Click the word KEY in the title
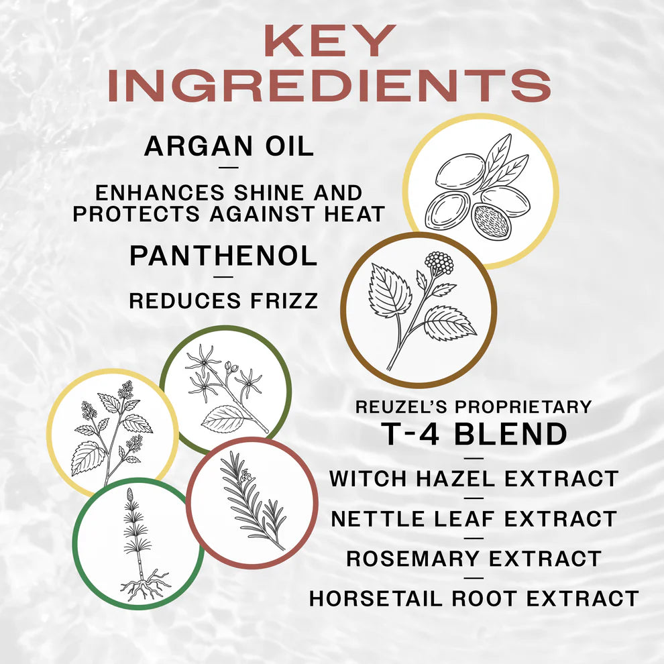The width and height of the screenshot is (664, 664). pos(328,42)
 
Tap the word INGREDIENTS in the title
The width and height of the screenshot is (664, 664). pos(329,86)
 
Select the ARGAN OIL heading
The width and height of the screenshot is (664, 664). pos(229,146)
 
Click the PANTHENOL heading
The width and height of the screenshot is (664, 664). pos(223,256)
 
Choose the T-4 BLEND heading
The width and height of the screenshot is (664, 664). pos(474,434)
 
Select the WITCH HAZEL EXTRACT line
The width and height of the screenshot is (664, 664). pos(474,479)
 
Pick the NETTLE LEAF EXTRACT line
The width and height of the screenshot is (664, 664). pos(474,518)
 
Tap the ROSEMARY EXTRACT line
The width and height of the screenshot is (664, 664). pos(474,559)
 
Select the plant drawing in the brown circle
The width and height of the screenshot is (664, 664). pos(419,309)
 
